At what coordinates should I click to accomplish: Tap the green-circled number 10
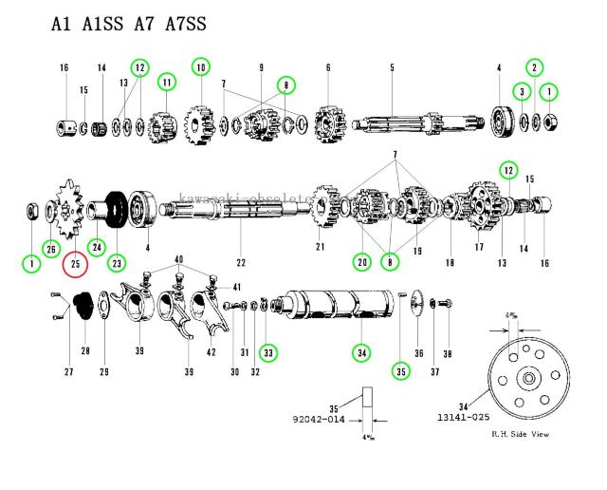pos(200,66)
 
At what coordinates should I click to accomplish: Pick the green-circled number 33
pos(270,352)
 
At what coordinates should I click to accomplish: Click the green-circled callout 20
pos(361,262)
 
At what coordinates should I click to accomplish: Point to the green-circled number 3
pos(522,91)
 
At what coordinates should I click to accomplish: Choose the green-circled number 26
pos(49,249)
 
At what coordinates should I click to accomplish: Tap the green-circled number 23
pos(118,262)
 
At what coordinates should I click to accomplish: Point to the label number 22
pos(241,262)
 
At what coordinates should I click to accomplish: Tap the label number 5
pos(391,67)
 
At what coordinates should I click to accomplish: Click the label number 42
pos(212,353)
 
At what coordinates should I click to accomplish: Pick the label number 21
pos(321,248)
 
